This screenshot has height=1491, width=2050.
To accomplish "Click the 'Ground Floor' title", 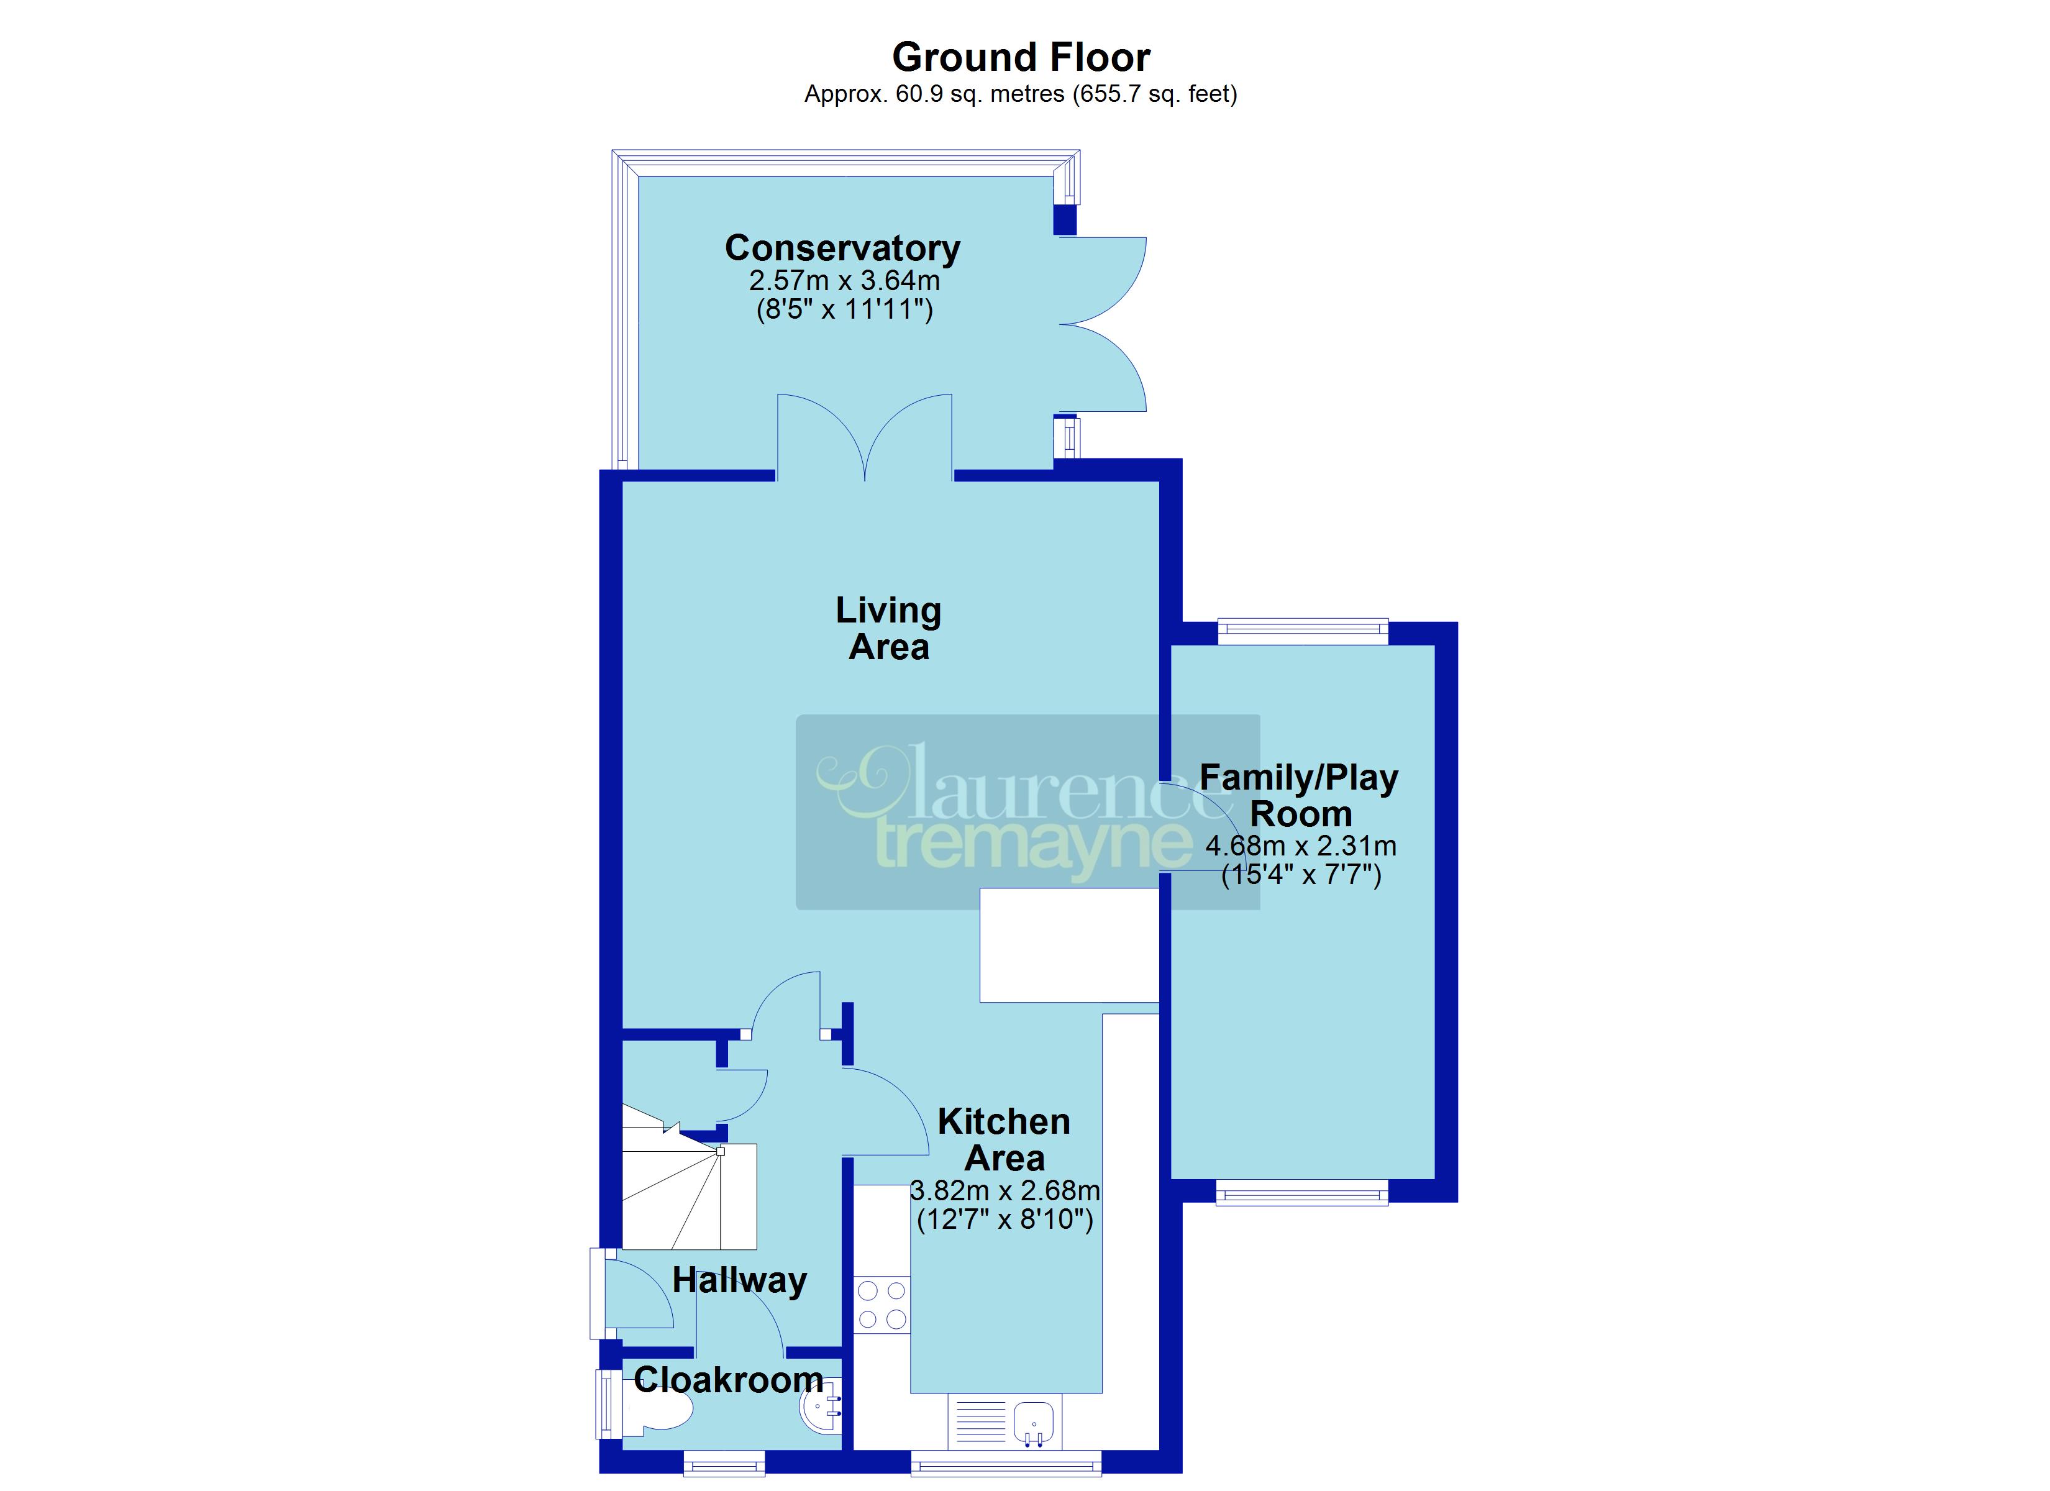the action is (1021, 58).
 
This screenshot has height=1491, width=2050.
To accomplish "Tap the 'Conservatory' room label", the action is (842, 248).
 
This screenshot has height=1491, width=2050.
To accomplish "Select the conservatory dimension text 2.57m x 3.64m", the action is (844, 280).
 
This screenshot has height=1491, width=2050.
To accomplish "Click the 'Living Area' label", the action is (888, 629).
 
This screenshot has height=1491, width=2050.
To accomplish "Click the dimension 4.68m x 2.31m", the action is (1301, 846).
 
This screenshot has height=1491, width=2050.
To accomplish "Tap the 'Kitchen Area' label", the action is (1004, 1140).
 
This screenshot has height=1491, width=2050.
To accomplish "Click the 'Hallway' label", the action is (739, 1281).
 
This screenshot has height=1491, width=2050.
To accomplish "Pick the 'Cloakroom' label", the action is (729, 1380).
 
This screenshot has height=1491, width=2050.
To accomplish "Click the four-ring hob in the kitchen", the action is (882, 1305).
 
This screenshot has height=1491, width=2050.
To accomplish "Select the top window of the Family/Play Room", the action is (1303, 631).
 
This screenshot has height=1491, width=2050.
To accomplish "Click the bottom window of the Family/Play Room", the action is (1301, 1193).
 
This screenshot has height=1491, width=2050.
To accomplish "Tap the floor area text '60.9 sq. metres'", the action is (980, 94).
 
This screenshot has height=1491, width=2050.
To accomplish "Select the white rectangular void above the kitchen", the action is (1069, 945).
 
